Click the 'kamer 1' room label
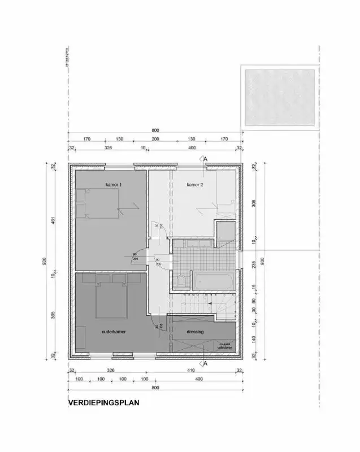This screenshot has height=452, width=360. [114, 185]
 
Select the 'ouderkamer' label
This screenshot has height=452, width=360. [114, 332]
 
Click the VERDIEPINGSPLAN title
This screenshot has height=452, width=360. [103, 403]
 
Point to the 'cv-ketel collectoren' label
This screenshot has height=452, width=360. [226, 346]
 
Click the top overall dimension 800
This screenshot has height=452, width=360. [155, 130]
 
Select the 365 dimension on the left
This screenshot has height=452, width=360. [53, 315]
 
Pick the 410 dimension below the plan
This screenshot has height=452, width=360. [190, 371]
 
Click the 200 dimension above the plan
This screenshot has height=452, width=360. [156, 138]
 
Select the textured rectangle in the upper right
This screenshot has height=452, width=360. [278, 97]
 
